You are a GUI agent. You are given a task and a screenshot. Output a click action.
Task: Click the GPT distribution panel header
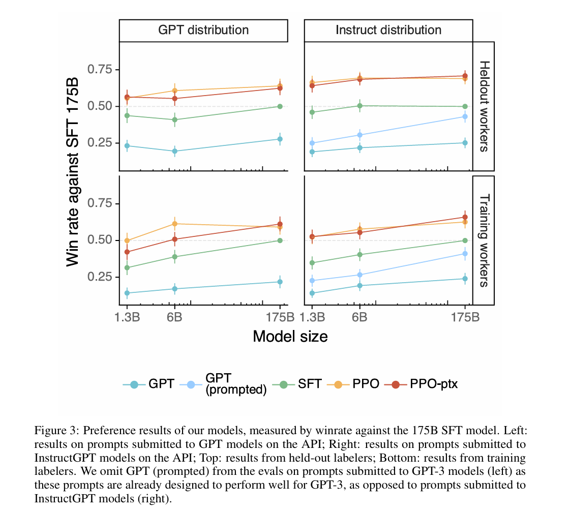point(203,30)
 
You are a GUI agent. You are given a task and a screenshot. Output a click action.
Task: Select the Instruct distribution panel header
point(388,30)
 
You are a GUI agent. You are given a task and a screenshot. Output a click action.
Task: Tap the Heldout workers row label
point(484,106)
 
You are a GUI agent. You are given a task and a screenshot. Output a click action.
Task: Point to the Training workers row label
point(484,240)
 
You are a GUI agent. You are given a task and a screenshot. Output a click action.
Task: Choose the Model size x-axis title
point(290,336)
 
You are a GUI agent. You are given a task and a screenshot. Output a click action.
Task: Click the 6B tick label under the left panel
point(174,318)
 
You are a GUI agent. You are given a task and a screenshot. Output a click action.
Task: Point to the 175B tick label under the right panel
point(465,318)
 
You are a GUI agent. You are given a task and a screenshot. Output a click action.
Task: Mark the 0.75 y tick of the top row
point(102,70)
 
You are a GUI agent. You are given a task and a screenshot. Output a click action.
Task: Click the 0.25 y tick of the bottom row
point(102,277)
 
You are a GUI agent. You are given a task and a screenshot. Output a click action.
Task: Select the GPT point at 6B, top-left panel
point(174,151)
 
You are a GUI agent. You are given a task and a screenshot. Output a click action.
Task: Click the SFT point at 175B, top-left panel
point(280,106)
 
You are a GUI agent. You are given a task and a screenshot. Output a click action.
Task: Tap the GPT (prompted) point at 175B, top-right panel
point(465,116)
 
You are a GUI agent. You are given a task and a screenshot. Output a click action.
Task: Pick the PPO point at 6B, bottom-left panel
point(174,224)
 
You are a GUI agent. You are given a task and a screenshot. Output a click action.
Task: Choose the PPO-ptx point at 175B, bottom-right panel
point(465,217)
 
